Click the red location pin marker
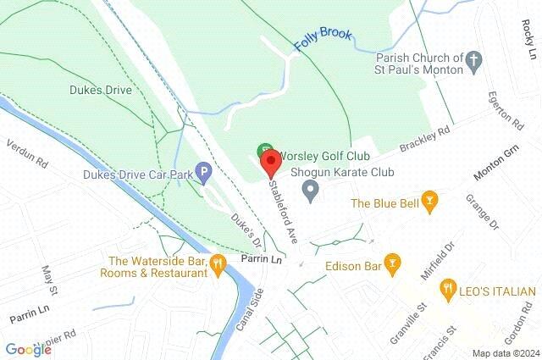point(270,160)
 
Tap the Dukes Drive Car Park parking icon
point(203,173)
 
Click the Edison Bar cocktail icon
point(391,265)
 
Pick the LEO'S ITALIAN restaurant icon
point(448,291)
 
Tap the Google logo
point(28,349)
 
